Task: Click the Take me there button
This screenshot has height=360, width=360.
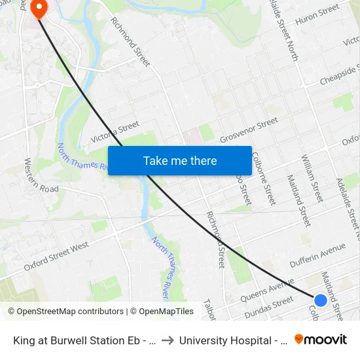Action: pyautogui.click(x=180, y=160)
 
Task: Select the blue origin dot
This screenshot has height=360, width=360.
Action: pyautogui.click(x=320, y=300)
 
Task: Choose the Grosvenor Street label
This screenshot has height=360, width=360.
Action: pyautogui.click(x=249, y=130)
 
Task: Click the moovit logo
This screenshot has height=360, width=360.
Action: pyautogui.click(x=321, y=340)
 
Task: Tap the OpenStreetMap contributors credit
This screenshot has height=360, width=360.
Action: pyautogui.click(x=65, y=312)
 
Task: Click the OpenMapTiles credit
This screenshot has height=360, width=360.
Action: pyautogui.click(x=162, y=312)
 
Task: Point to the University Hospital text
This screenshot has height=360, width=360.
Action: pyautogui.click(x=233, y=340)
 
